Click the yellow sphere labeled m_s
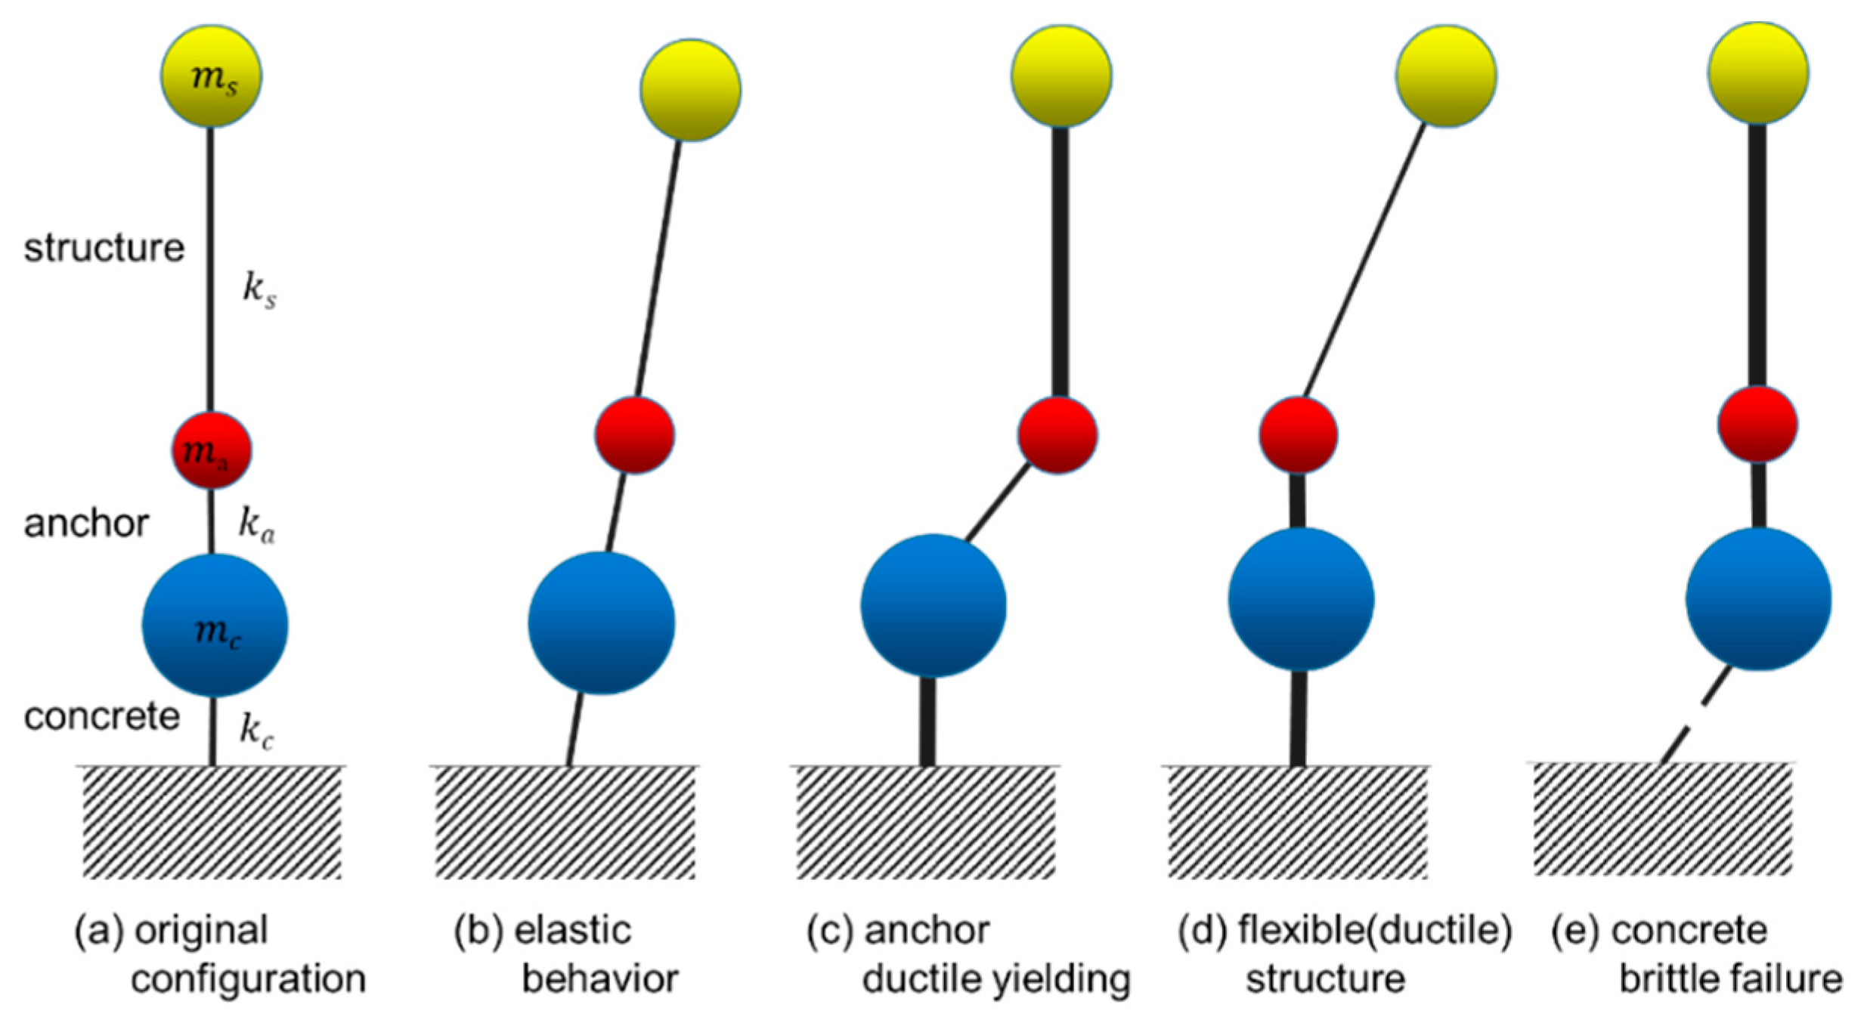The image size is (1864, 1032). pyautogui.click(x=211, y=76)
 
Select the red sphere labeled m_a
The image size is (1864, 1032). pyautogui.click(x=211, y=450)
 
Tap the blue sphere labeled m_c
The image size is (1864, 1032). pyautogui.click(x=215, y=626)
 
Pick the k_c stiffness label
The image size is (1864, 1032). pyautogui.click(x=256, y=731)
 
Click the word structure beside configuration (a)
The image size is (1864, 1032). pyautogui.click(x=104, y=248)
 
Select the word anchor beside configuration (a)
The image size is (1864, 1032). pyautogui.click(x=86, y=523)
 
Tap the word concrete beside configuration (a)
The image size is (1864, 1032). pyautogui.click(x=101, y=716)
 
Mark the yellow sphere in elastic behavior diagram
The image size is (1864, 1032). pyautogui.click(x=690, y=90)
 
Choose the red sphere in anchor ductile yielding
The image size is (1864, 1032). pyautogui.click(x=1057, y=435)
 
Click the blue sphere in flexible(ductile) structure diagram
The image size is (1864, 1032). pyautogui.click(x=1300, y=599)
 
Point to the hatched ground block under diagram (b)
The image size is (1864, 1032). pyautogui.click(x=565, y=822)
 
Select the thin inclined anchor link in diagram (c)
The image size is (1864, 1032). pyautogui.click(x=998, y=502)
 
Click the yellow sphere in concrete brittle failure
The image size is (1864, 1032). pyautogui.click(x=1757, y=73)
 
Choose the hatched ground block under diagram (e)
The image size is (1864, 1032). pyautogui.click(x=1662, y=819)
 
